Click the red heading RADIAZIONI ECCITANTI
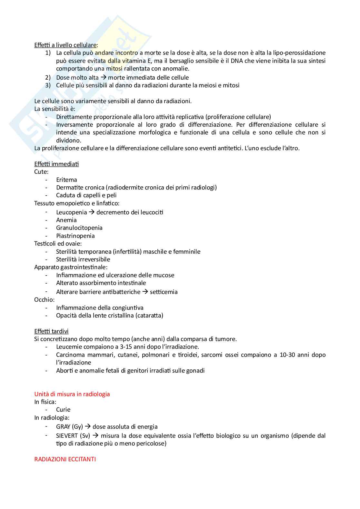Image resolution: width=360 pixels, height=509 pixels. [x=65, y=459]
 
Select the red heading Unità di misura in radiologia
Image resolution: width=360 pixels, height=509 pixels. [x=72, y=394]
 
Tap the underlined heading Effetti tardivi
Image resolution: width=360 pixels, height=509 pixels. [x=51, y=331]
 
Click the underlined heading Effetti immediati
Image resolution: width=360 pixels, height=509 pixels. [x=56, y=164]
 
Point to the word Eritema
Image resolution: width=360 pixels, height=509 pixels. [x=66, y=180]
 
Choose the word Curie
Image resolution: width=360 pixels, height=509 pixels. [x=63, y=409]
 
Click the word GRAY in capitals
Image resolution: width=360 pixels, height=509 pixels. [x=63, y=426]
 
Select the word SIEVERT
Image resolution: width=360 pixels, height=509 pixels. [x=67, y=436]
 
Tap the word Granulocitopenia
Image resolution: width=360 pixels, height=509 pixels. [x=79, y=228]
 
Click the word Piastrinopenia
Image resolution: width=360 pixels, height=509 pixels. [x=75, y=236]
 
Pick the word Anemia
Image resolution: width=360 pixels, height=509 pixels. [x=66, y=220]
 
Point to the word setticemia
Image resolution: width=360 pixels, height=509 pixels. [x=164, y=292]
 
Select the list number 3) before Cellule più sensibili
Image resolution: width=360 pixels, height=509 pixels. [x=48, y=85]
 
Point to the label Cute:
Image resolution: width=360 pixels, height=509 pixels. [x=41, y=171]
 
